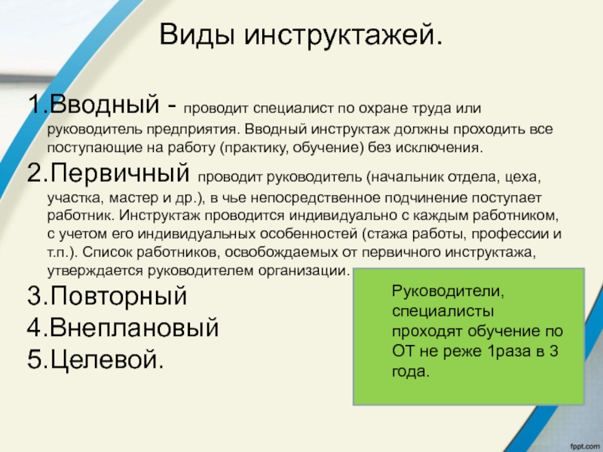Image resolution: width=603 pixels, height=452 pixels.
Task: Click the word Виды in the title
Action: tap(197, 35)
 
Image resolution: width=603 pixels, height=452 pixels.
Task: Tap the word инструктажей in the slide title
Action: tap(344, 35)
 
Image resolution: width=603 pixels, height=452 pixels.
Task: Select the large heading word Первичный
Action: tap(120, 173)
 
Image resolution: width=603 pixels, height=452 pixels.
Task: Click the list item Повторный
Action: tap(118, 296)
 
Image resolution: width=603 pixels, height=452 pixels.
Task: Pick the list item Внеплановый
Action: tap(134, 328)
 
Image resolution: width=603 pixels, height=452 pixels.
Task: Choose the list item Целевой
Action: tap(107, 359)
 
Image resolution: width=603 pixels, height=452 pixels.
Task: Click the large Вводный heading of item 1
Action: tap(104, 104)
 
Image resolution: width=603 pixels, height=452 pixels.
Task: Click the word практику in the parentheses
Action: tap(254, 148)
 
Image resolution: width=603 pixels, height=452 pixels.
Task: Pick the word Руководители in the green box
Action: tap(448, 291)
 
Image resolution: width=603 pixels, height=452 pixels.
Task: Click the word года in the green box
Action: tap(411, 371)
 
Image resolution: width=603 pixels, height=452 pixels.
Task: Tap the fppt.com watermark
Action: tap(585, 447)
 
